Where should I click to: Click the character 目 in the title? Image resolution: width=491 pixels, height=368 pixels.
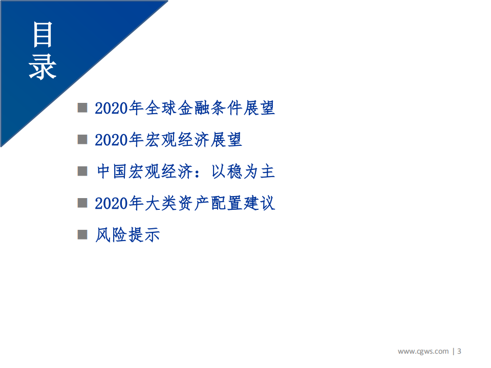pyautogui.click(x=43, y=35)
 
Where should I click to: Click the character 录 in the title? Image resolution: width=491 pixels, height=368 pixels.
pyautogui.click(x=43, y=66)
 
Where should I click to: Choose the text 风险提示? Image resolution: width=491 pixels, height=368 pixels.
pyautogui.click(x=128, y=235)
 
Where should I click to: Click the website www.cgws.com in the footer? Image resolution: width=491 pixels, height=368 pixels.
pyautogui.click(x=423, y=351)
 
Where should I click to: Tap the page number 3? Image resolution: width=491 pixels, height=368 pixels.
pyautogui.click(x=459, y=351)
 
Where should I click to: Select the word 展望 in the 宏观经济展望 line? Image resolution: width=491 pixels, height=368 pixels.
pyautogui.click(x=226, y=140)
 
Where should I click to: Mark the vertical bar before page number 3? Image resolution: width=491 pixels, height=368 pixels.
pyautogui.click(x=453, y=351)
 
